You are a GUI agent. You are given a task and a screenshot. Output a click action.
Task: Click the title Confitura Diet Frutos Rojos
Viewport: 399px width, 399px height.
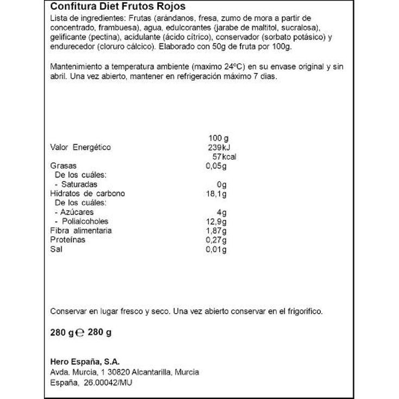117,7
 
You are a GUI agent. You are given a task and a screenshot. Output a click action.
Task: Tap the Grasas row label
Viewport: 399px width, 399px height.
63,166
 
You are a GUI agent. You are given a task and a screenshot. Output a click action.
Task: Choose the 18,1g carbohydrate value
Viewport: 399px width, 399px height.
216,193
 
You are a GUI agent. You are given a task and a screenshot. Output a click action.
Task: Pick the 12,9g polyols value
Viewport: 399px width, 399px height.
216,221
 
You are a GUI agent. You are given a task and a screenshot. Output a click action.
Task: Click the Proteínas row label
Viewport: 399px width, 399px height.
68,240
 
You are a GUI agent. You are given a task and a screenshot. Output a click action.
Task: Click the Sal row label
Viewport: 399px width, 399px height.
55,249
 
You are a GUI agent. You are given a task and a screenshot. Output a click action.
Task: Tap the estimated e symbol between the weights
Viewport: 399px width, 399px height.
78,333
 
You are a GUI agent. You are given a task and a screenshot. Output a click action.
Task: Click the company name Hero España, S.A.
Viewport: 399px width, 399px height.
85,362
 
